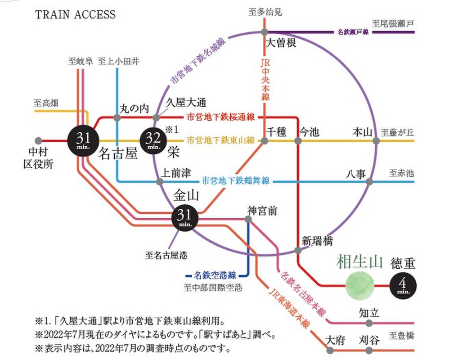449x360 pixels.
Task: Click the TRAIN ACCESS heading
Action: [75, 14]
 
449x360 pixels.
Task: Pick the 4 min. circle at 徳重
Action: [403, 285]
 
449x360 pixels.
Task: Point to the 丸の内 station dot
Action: [117, 118]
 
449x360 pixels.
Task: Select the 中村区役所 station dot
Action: [38, 140]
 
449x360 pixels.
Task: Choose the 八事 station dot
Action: [369, 182]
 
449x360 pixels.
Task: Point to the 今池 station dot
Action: [298, 141]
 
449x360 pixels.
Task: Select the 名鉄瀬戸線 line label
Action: [354, 32]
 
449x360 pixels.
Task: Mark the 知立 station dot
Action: [369, 323]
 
